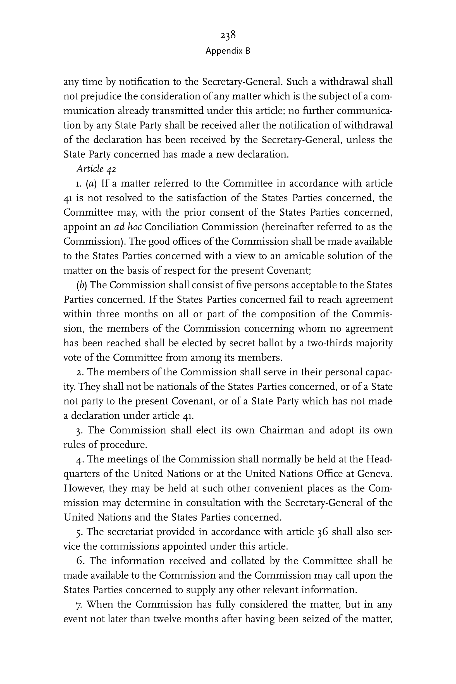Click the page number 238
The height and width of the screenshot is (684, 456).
[x=228, y=35]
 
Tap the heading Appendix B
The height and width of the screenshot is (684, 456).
[x=228, y=51]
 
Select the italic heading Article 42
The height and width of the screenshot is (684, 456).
[x=96, y=169]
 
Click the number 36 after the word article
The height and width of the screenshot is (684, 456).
[x=323, y=532]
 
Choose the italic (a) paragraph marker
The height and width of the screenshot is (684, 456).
[x=91, y=183]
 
